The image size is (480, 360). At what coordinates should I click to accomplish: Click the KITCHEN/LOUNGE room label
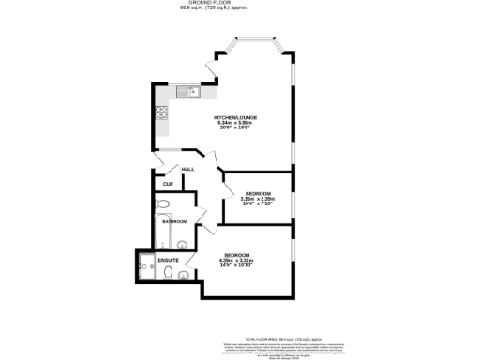[236, 117]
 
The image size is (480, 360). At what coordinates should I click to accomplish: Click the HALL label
[187, 169]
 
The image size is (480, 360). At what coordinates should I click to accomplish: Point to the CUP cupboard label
[168, 184]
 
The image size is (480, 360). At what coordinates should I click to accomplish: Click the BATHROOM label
[174, 221]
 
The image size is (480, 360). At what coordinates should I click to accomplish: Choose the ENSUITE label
[169, 260]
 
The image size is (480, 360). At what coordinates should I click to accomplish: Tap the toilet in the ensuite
[166, 275]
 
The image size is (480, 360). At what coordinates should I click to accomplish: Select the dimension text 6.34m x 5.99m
[235, 124]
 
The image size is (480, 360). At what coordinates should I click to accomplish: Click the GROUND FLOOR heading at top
[239, 3]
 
